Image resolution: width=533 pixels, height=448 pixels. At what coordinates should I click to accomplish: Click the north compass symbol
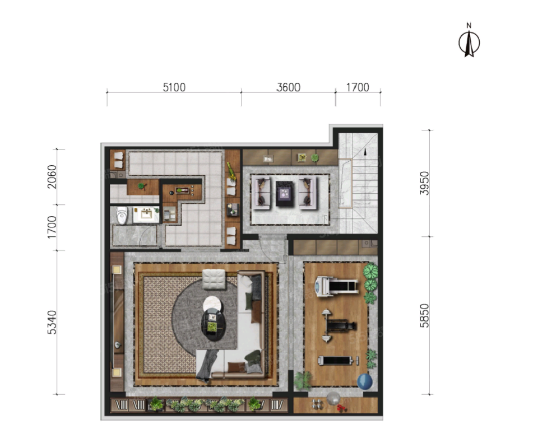[x=469, y=41]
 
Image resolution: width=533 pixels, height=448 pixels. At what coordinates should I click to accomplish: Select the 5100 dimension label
[x=174, y=87]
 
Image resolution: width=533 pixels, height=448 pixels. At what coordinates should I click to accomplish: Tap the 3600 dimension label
[x=288, y=87]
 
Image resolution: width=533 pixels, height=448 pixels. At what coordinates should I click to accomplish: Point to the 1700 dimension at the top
[x=358, y=87]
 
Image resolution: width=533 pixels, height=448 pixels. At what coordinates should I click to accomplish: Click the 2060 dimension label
[x=52, y=176]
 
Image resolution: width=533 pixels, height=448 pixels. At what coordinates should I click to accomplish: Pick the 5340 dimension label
[x=52, y=323]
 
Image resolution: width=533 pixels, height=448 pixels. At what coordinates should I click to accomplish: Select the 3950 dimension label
[x=425, y=183]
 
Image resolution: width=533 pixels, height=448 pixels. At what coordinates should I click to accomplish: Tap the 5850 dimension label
[x=425, y=315]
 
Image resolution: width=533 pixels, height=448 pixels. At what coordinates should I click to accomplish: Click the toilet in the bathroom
[x=122, y=215]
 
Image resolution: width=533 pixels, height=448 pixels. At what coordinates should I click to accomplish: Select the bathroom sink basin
[x=146, y=214]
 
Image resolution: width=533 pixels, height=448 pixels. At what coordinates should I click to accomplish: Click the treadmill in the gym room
[x=336, y=287]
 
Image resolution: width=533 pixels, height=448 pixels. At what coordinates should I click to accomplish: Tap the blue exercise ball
[x=365, y=381]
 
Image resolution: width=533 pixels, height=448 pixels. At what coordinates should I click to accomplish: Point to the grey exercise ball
[x=333, y=398]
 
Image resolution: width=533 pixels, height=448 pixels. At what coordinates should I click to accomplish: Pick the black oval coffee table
[x=213, y=324]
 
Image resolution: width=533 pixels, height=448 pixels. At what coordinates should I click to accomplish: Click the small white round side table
[x=212, y=304]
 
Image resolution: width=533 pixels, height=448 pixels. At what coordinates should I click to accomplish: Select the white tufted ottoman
[x=214, y=279]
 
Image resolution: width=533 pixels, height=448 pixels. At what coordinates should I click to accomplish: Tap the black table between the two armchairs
[x=285, y=194]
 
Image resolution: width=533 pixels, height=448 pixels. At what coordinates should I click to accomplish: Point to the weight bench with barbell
[x=338, y=326]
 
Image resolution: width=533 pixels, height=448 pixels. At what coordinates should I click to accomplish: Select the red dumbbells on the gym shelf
[x=341, y=408]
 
